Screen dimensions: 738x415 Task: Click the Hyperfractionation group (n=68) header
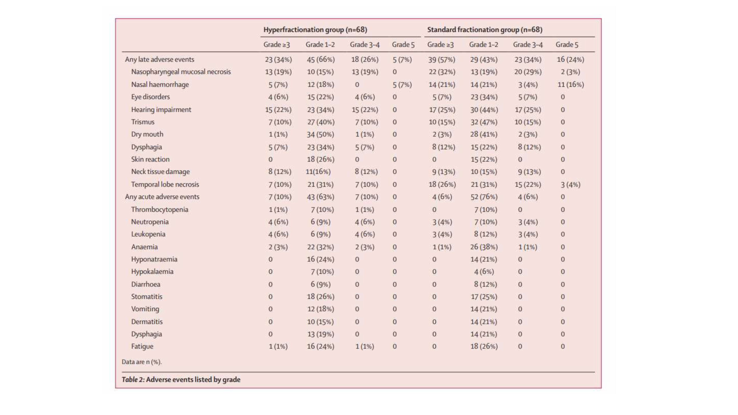point(315,30)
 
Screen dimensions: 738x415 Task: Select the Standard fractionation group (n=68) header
point(485,30)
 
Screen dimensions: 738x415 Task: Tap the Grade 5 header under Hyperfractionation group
point(403,45)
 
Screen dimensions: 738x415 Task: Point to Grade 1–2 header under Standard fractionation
point(484,45)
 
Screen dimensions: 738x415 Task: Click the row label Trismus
point(143,122)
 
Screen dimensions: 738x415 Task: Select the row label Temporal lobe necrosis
point(165,184)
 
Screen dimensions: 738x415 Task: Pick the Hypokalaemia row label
point(152,272)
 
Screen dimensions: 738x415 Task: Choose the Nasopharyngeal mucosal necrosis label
point(181,72)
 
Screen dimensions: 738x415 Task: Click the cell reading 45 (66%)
point(321,60)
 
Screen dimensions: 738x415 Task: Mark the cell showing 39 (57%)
point(442,60)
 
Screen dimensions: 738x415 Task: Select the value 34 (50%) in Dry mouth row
point(320,134)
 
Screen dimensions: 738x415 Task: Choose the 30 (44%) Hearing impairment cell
point(484,110)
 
